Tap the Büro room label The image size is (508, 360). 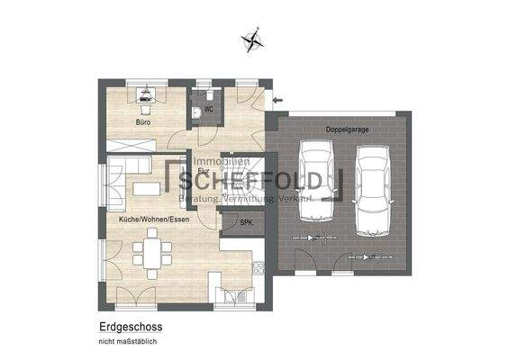click(143, 121)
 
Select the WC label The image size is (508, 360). click(208, 110)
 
